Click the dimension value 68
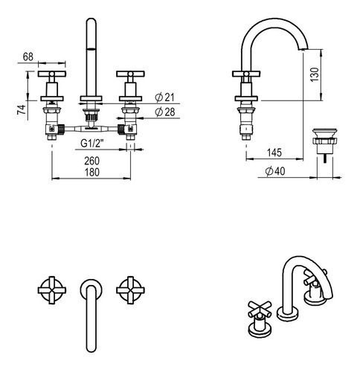click(x=28, y=57)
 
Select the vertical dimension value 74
click(x=22, y=109)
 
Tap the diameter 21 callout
click(x=164, y=97)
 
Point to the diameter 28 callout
click(x=165, y=112)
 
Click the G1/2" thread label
click(x=92, y=144)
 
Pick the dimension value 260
click(x=92, y=161)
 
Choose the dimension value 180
click(x=92, y=173)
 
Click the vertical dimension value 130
click(x=315, y=74)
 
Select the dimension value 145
click(x=274, y=153)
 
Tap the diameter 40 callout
click(x=275, y=171)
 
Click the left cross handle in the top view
click(x=52, y=290)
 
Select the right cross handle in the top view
click(x=130, y=290)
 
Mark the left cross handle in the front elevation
click(x=52, y=74)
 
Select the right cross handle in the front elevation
click(x=130, y=74)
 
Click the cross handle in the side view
click(x=246, y=74)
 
